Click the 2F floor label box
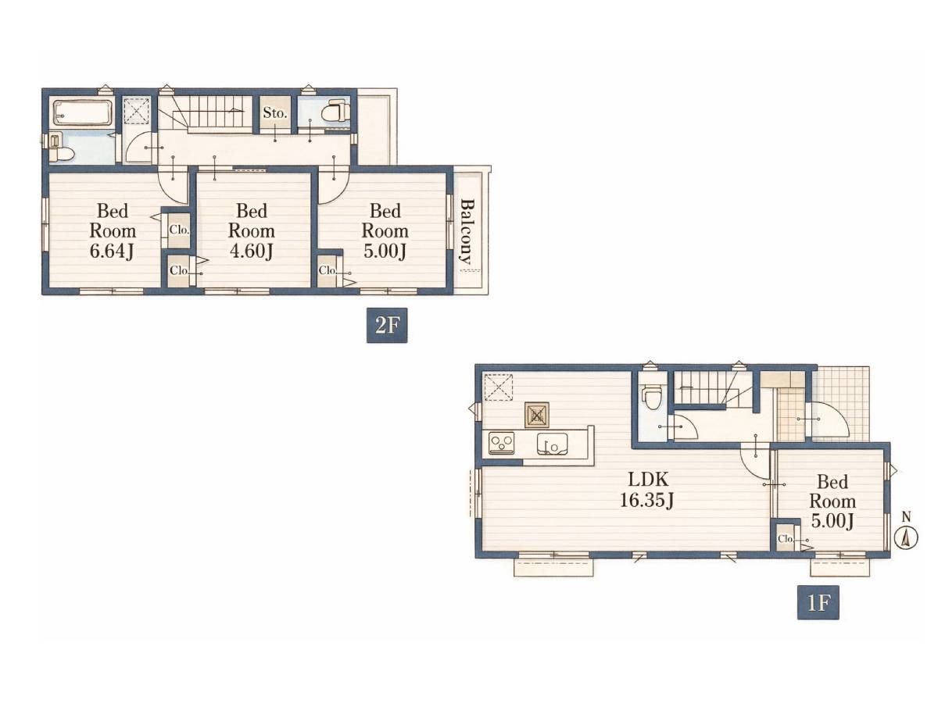386,325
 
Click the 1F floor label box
818,603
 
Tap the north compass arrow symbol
905,539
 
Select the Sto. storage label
274,113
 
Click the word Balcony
467,231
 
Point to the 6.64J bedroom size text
112,251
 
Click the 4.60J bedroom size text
251,251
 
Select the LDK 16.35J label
648,489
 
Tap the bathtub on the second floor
83,112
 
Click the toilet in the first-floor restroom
651,397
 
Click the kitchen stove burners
501,442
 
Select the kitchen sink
552,443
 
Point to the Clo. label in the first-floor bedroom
785,539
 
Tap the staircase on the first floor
713,387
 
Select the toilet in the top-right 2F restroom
335,110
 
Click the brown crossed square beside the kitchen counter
537,415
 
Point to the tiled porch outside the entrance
840,403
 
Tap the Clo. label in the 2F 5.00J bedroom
328,270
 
